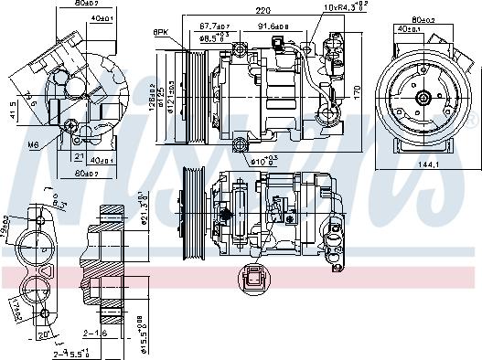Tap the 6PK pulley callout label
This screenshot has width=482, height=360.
click(162, 33)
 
